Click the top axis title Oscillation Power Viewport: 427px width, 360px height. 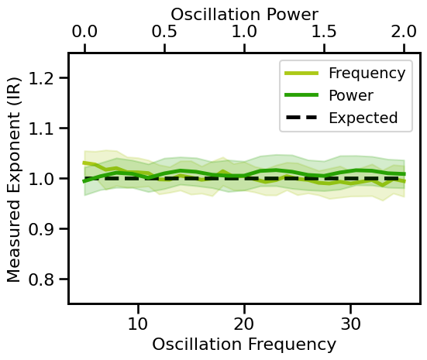[244, 13]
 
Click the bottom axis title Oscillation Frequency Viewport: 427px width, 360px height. [244, 345]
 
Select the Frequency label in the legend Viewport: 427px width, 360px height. [367, 74]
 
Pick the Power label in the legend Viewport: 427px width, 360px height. [351, 96]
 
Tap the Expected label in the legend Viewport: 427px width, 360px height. [363, 118]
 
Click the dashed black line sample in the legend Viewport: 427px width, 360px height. [302, 118]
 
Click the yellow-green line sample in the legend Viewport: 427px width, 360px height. [302, 74]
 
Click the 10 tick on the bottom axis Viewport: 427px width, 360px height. [138, 321]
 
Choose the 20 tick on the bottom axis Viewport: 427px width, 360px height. [244, 321]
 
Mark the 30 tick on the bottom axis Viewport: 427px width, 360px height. [351, 321]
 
